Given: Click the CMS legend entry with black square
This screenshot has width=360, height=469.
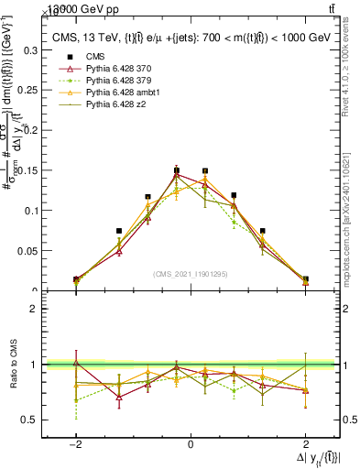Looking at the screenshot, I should (96, 57).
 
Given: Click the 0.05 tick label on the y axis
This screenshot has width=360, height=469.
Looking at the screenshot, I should (29, 250).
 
